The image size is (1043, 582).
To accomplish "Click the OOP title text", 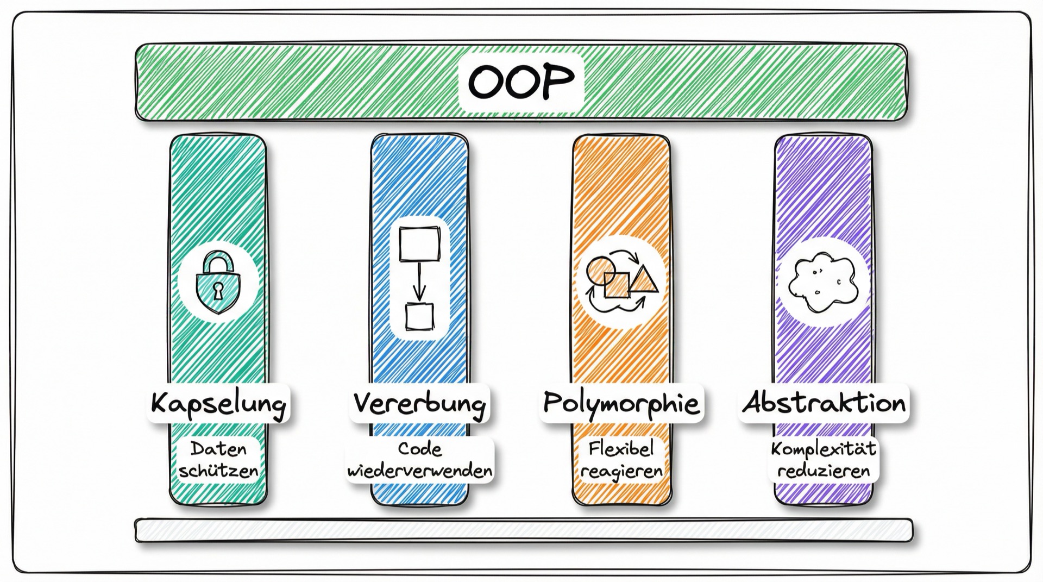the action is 521,82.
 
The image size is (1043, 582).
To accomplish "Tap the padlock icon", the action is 217,282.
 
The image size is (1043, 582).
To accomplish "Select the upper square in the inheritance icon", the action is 419,244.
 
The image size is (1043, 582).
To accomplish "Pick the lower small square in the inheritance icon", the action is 420,317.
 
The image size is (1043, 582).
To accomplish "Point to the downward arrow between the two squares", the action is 419,282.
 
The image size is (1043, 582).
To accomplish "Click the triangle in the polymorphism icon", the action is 644,279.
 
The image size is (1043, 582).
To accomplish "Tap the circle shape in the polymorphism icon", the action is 601,271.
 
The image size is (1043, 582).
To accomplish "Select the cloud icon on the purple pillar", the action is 822,282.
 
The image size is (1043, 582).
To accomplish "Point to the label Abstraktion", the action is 824,403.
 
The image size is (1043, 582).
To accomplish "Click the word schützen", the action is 218,471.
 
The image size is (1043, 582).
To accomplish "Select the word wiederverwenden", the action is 420,471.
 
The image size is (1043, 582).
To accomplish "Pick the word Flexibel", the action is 621,448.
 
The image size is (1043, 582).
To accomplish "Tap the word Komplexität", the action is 824,449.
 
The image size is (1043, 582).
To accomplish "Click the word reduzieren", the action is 824,471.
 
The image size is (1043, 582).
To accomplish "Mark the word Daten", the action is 218,449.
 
